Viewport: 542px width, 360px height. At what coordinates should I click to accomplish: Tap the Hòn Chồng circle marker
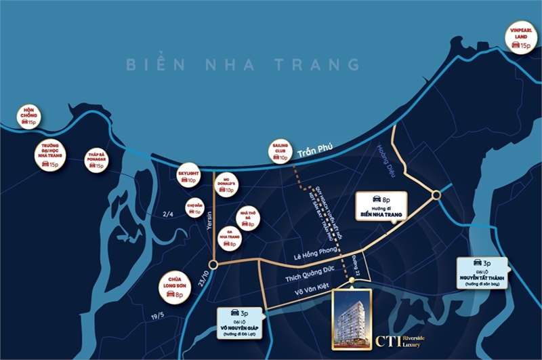coord(28,117)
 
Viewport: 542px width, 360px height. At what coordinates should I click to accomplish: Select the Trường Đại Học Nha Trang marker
coord(49,155)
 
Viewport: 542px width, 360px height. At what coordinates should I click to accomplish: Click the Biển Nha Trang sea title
coord(243,65)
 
